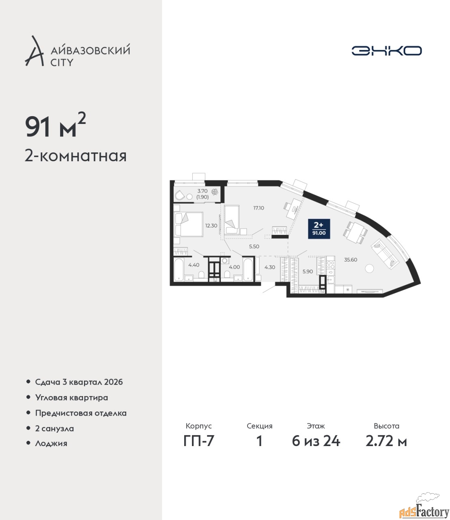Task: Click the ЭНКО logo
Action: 386,50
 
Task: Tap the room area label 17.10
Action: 258,208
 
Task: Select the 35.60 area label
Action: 351,260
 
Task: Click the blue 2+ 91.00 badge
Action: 319,229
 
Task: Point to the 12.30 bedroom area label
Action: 211,225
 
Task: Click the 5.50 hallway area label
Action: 254,247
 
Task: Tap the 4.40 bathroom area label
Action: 194,265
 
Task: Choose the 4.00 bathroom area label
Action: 234,267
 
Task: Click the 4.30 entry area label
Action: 269,267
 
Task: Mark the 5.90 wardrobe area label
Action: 308,272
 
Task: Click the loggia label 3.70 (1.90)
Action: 202,194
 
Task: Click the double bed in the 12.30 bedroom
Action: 188,224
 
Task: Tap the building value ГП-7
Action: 198,441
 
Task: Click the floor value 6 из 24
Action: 316,441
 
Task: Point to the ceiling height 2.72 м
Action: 386,441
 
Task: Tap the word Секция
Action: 260,426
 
